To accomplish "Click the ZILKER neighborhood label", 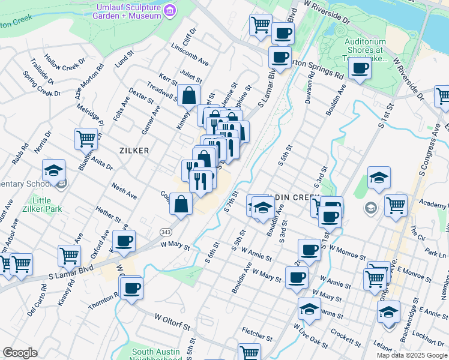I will (134, 151).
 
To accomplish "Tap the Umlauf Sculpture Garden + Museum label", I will (127, 11).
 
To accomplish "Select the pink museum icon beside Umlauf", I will (170, 10).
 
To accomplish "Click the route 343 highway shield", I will (166, 232).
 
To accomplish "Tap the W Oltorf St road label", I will (172, 322).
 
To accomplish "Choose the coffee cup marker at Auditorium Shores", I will (360, 69).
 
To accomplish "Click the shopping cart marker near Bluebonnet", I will (86, 139).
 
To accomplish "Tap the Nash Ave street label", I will (124, 191).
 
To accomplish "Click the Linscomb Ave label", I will (190, 55).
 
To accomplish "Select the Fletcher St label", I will (258, 331).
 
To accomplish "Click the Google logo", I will (20, 353).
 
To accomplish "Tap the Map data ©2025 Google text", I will (412, 355).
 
